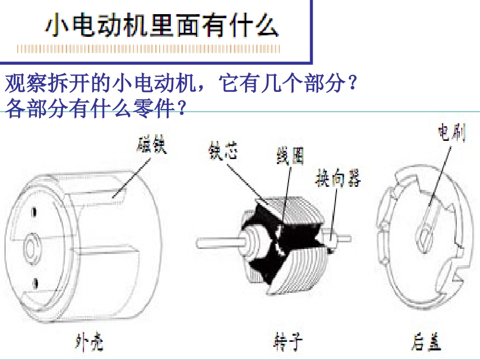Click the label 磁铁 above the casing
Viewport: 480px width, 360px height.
tap(151, 145)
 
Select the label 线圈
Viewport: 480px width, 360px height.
tap(290, 156)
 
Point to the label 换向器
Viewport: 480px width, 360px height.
tap(338, 178)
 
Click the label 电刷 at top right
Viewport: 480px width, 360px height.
tap(451, 133)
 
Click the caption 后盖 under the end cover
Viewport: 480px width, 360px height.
tap(425, 343)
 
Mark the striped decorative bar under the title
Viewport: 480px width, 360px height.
tap(148, 49)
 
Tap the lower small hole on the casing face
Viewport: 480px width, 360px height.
tap(34, 281)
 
